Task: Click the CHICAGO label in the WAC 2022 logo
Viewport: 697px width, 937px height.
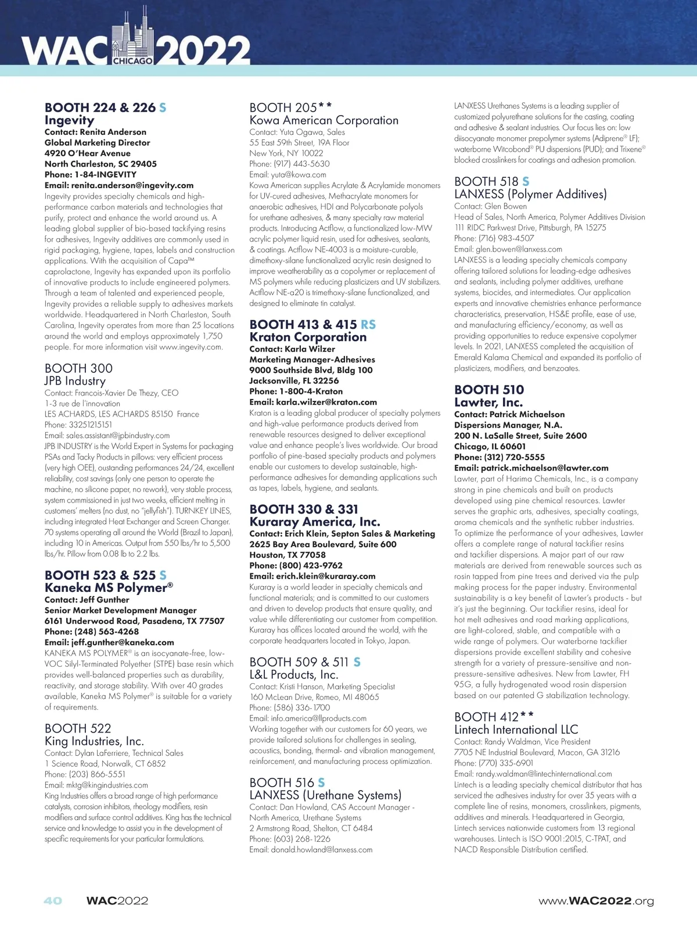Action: tap(133, 60)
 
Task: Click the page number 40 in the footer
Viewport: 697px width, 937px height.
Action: tap(53, 900)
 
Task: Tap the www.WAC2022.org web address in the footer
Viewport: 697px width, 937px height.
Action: tap(596, 901)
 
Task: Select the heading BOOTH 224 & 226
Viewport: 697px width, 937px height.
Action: tap(100, 107)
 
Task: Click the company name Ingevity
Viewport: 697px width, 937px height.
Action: tap(69, 120)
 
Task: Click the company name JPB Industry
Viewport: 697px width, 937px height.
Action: tap(75, 381)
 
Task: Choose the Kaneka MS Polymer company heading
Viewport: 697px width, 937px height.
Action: tap(109, 587)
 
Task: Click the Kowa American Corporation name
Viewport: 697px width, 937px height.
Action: tap(324, 120)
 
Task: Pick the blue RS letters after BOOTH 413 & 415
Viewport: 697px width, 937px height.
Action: tap(368, 324)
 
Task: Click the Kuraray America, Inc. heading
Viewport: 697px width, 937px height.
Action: tap(314, 522)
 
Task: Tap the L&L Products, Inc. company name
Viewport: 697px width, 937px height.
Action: tap(293, 674)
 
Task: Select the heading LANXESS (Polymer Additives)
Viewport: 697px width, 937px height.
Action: tap(530, 194)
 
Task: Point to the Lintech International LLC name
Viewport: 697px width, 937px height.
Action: tap(516, 730)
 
